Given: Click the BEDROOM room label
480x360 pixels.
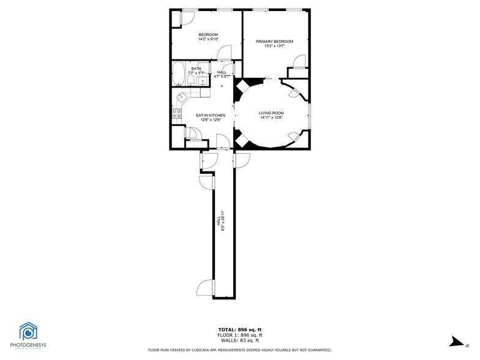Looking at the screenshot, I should (208, 34).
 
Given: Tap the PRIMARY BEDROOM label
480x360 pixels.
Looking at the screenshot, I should (274, 42).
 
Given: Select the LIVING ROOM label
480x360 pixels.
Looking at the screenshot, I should (271, 113).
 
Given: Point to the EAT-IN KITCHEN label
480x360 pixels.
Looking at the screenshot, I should (211, 115).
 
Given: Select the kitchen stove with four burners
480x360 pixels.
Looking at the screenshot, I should (176, 113).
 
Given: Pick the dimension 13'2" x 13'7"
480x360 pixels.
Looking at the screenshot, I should (274, 47).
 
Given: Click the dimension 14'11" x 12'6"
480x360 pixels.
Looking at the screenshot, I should (271, 118).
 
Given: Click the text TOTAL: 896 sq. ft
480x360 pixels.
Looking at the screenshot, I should (239, 330).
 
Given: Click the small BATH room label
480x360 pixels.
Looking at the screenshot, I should (196, 69).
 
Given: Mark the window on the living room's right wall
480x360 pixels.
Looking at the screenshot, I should (309, 117).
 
